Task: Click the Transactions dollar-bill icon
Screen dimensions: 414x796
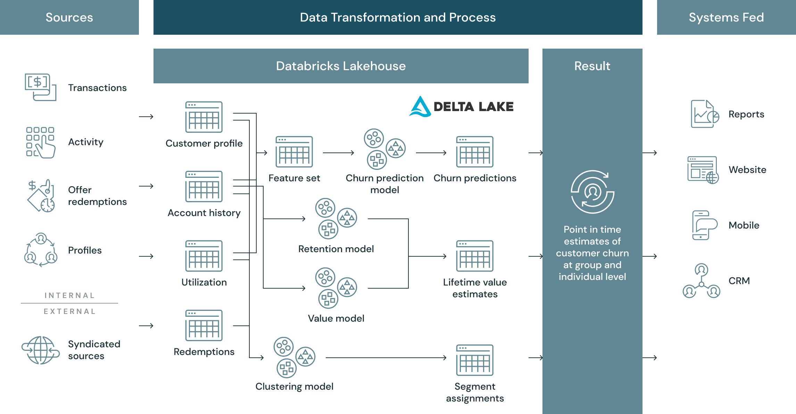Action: [40, 87]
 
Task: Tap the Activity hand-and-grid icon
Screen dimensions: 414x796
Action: [40, 142]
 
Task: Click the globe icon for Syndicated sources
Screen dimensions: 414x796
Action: [41, 350]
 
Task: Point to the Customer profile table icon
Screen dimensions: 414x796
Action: [204, 117]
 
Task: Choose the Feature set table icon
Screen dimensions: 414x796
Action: [294, 152]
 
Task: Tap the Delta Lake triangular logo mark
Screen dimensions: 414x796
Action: [420, 107]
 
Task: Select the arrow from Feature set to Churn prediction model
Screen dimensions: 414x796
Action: [338, 152]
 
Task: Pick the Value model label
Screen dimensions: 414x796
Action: [336, 318]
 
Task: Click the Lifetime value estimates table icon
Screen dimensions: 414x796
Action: [475, 256]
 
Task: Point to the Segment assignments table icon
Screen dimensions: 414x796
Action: [475, 360]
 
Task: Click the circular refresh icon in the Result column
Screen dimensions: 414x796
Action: [592, 192]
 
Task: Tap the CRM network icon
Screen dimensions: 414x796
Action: [702, 281]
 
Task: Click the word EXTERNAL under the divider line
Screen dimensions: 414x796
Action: [69, 312]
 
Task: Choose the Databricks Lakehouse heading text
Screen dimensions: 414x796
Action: [341, 66]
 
